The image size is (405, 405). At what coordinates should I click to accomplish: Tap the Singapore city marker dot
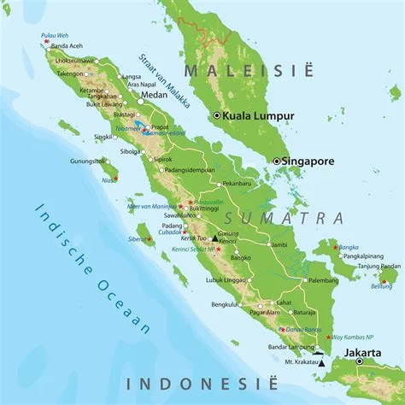[276, 161]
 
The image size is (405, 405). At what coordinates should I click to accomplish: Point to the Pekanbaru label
[236, 183]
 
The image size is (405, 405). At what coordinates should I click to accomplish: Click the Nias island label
[108, 181]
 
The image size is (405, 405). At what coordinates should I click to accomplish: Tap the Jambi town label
[279, 244]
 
